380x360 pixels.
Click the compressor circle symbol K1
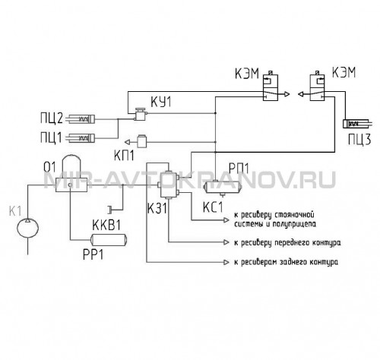coord(28,228)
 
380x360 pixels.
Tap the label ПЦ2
coord(52,118)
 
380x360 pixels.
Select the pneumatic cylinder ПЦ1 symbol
coord(81,137)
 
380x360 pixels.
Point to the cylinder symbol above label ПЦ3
coord(357,124)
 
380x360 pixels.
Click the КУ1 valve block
coord(140,115)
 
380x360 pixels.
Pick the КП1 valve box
coord(141,142)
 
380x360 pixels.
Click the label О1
coord(49,167)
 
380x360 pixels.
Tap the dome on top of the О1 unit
coord(72,166)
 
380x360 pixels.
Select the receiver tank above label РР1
coord(109,240)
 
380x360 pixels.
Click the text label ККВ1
coord(106,226)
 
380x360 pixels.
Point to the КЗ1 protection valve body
coord(168,185)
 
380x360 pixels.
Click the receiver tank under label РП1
coord(223,188)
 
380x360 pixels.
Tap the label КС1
coord(213,207)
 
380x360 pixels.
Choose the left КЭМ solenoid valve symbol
coord(271,87)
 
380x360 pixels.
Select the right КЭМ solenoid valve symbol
coord(317,87)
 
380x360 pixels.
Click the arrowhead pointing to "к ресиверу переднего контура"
coord(226,242)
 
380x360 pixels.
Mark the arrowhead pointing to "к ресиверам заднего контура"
coord(226,262)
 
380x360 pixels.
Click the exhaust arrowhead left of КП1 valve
coord(128,142)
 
